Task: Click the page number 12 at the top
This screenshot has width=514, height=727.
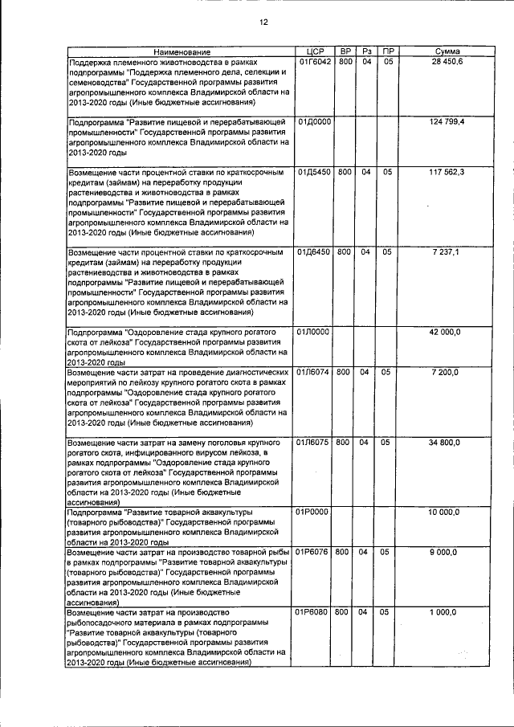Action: coord(263,22)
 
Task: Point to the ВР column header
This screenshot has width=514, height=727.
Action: coord(344,51)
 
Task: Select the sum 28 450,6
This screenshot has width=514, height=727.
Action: coord(447,62)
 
